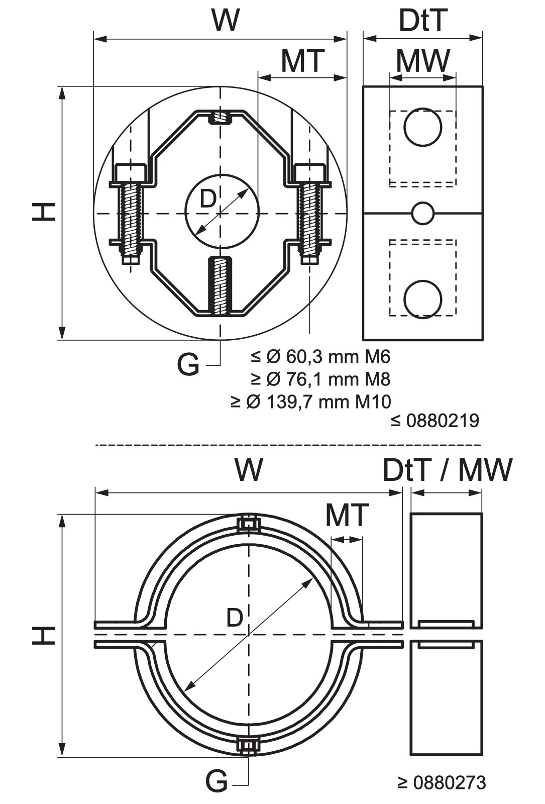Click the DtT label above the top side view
(423, 21)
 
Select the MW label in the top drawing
(423, 61)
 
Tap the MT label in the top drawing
(303, 61)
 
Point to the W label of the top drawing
(226, 21)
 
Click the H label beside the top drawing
(44, 212)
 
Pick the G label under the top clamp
(188, 365)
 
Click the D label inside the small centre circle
(207, 199)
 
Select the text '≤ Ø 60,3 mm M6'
(320, 357)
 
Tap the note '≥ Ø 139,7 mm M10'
(311, 401)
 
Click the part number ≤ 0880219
(435, 421)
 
